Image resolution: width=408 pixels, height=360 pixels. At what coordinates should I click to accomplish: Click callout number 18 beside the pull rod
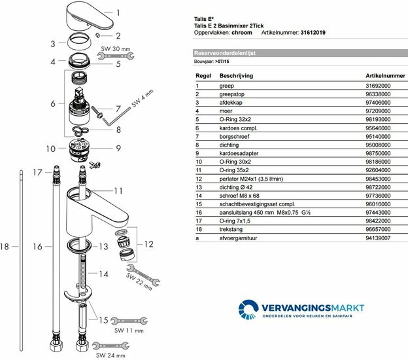pyautogui.click(x=5, y=247)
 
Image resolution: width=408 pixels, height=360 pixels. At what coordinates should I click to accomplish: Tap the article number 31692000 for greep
pyautogui.click(x=377, y=86)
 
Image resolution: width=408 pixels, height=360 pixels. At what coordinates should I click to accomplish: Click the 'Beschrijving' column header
pyautogui.click(x=237, y=76)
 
